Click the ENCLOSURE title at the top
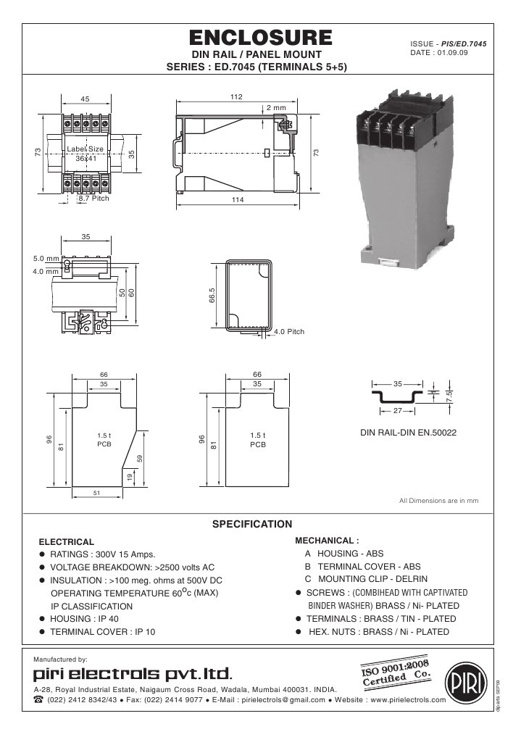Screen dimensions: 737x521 point(260,38)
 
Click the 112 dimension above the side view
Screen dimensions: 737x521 point(236,96)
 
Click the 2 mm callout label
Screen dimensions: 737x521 point(276,107)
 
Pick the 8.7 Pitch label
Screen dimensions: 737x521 point(93,198)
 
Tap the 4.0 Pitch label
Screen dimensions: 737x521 point(289,332)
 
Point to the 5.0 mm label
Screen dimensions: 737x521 point(46,259)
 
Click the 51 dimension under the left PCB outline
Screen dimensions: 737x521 point(96,493)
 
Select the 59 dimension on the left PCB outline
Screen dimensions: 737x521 point(139,458)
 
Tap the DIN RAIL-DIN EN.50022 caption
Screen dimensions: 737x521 point(408,433)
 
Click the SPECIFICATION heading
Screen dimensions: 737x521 point(251,524)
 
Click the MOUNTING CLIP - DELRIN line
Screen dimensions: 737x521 point(366,579)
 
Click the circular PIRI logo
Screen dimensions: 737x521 point(462,679)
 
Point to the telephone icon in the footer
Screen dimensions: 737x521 point(38,701)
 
